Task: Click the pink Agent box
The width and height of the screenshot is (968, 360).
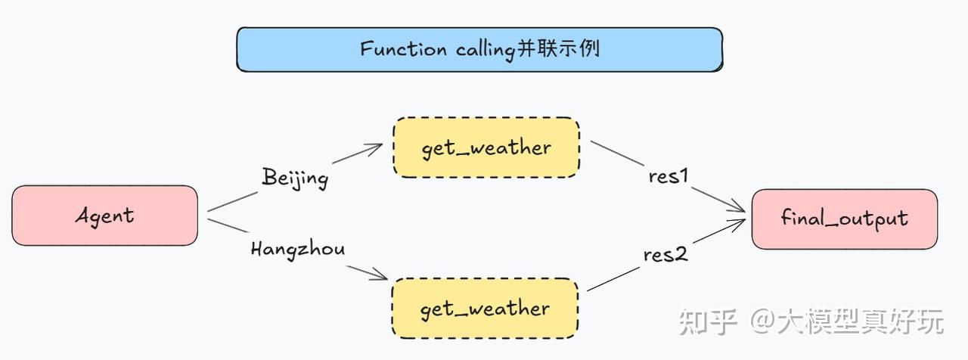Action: (x=104, y=216)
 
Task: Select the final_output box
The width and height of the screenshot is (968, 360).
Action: (x=845, y=219)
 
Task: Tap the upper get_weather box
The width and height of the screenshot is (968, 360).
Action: (x=486, y=147)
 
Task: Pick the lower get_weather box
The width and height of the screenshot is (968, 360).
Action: (x=485, y=308)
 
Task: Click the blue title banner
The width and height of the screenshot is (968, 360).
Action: (x=479, y=49)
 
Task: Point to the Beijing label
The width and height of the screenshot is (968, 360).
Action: (x=295, y=178)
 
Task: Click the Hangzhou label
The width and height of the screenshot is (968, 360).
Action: (x=298, y=250)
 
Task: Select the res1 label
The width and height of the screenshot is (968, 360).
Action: (x=668, y=176)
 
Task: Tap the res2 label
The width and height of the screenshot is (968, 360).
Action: (x=665, y=255)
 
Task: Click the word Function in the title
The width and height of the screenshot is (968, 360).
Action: (x=403, y=49)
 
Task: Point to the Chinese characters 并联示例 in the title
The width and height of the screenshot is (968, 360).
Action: (x=558, y=48)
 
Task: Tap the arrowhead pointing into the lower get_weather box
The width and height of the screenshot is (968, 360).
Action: (x=379, y=275)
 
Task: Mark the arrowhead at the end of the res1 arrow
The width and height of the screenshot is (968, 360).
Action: (x=737, y=207)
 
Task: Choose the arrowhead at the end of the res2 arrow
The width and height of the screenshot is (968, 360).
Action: (x=737, y=225)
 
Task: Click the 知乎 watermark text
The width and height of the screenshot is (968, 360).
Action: (x=707, y=322)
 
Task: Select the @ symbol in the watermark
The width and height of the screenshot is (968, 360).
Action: (x=763, y=321)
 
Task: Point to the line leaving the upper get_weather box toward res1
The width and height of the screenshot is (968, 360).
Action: (x=617, y=153)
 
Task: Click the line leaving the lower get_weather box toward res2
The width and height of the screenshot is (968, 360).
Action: (x=613, y=279)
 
